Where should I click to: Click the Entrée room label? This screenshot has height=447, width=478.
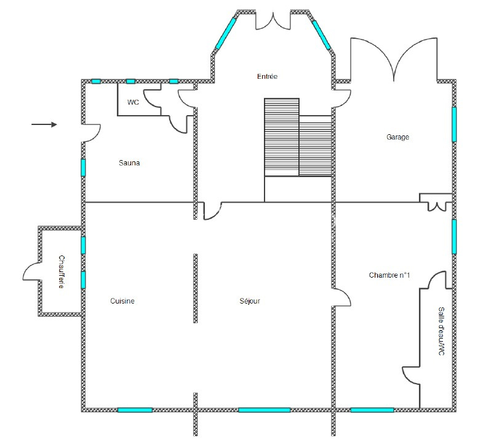(267, 76)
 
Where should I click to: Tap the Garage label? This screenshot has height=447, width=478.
(397, 137)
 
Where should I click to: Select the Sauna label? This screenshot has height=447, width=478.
(129, 163)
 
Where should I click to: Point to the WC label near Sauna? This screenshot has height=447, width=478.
(133, 102)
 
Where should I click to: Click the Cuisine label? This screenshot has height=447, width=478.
(122, 301)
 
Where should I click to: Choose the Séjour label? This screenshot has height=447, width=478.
(250, 301)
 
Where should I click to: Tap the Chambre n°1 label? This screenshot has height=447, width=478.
(389, 275)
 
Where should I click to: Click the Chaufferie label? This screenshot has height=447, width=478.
(62, 272)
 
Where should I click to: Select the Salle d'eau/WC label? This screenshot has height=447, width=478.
(441, 331)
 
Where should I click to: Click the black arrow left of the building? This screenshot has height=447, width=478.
(44, 124)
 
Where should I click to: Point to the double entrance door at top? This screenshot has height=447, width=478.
(273, 21)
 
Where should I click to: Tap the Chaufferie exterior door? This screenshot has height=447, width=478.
(31, 272)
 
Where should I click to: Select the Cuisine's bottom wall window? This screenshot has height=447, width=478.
(135, 410)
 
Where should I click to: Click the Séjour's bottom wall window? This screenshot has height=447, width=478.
(265, 410)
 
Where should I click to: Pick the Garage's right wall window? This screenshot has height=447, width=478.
(454, 124)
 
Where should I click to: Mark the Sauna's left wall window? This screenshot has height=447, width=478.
(83, 167)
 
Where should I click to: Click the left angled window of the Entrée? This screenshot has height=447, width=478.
(226, 34)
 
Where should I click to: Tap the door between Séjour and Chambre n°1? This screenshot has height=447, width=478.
(341, 297)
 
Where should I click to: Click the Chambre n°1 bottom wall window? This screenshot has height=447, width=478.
(372, 410)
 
